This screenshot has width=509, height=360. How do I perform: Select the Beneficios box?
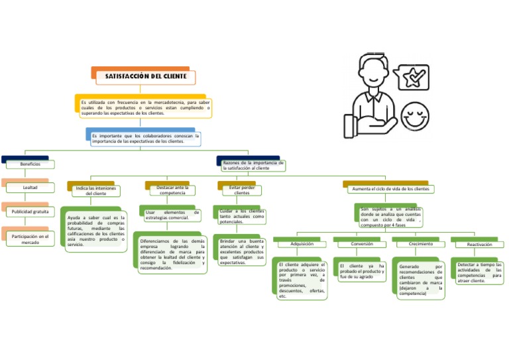pyautogui.click(x=30, y=164)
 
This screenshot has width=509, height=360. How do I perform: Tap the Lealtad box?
pyautogui.click(x=30, y=188)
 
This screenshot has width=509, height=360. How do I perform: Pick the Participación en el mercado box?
pyautogui.click(x=30, y=239)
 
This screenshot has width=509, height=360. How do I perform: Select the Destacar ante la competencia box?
pyautogui.click(x=172, y=191)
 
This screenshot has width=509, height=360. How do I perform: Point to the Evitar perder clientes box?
pyautogui.click(x=242, y=191)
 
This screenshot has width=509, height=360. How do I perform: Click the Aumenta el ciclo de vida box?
pyautogui.click(x=389, y=189)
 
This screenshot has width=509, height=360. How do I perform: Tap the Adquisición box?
pyautogui.click(x=302, y=244)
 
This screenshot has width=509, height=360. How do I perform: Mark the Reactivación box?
pyautogui.click(x=479, y=244)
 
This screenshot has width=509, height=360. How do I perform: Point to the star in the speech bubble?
pyautogui.click(x=414, y=76)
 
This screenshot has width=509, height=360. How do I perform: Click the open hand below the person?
pyautogui.click(x=371, y=126)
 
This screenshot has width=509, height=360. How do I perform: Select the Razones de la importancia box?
pyautogui.click(x=253, y=165)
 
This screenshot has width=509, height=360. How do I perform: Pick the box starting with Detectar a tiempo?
pyautogui.click(x=479, y=272)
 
